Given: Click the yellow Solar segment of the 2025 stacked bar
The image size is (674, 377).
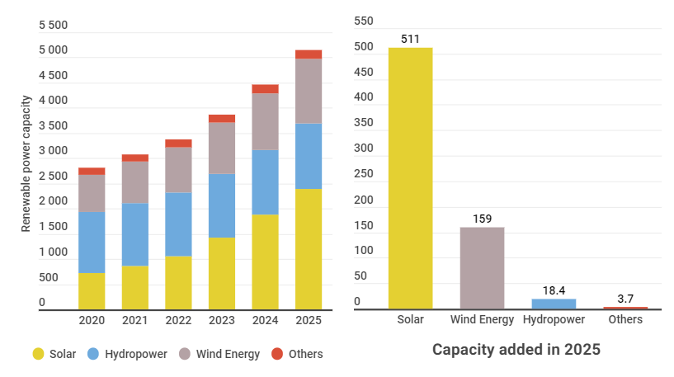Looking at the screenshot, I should pos(309,249).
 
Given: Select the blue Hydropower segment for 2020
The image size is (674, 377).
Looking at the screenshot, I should pos(92,243).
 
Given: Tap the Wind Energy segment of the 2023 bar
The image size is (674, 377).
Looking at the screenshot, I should pos(221,148).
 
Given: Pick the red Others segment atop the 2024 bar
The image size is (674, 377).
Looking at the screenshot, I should pos(265,89).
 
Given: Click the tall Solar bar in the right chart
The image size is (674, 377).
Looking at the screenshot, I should pos(410,178).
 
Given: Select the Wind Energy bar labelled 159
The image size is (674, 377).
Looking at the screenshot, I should pos(482,268).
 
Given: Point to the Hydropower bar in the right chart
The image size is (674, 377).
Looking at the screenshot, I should pos(554,304).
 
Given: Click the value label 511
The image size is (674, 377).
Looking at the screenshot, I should pos(410,39).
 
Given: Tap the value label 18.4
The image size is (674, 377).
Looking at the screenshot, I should pos(554,290).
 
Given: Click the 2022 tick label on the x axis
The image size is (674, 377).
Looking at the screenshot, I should pos(178,320).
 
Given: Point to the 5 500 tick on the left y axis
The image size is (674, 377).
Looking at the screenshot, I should pos(54,26).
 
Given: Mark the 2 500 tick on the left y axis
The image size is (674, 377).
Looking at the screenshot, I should pos(54,177).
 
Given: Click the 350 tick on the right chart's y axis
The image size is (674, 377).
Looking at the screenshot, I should pos(364,123).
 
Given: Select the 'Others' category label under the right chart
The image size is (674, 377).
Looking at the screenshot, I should pos(625,319).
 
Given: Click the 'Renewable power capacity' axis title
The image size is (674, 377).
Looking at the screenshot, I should pos(26,163).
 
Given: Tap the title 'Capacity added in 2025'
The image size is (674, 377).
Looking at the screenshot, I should pos(516,350).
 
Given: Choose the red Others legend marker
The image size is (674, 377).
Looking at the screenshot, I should pos(277,354).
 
